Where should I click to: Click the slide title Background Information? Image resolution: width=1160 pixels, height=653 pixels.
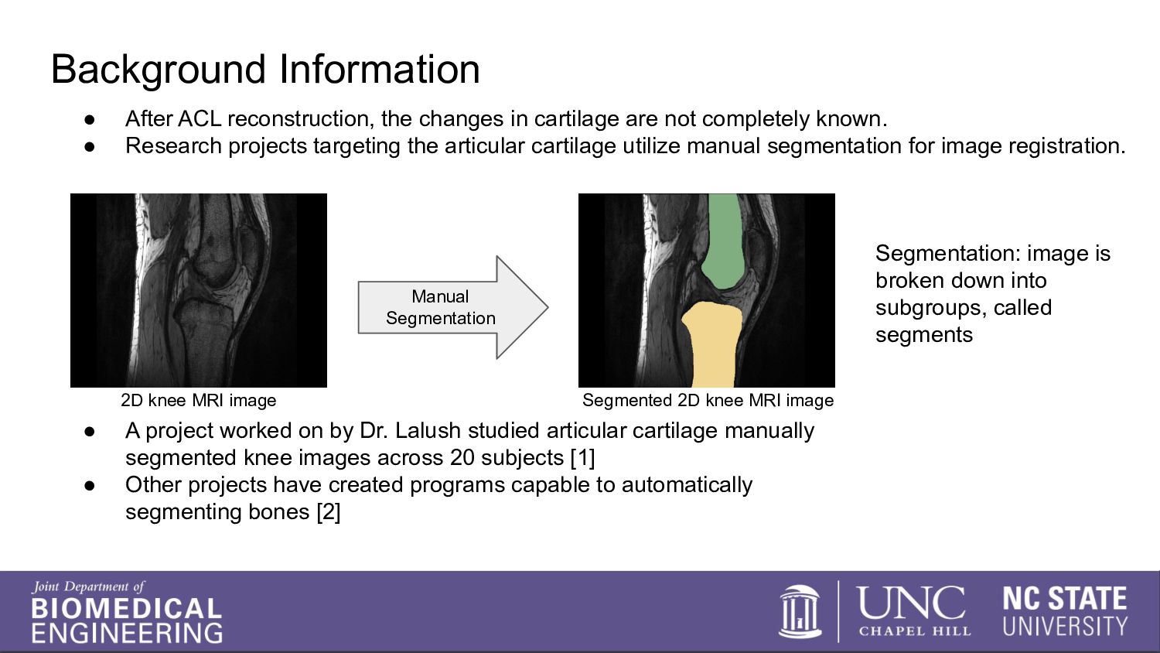(265, 70)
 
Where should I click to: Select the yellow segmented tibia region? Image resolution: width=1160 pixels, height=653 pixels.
(711, 344)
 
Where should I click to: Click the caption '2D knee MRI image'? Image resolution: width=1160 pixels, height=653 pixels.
(198, 401)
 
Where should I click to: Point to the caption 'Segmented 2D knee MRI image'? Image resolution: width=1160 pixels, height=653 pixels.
(708, 401)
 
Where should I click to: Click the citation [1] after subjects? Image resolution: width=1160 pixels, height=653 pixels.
(582, 458)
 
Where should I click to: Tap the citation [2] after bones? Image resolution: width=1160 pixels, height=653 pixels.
(328, 512)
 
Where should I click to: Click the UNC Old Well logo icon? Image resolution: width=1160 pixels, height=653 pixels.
(800, 611)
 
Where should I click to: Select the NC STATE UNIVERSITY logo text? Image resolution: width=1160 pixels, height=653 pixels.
(1065, 611)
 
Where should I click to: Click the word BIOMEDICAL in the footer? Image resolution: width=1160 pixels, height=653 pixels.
(127, 609)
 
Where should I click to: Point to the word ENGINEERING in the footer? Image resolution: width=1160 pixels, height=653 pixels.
(127, 633)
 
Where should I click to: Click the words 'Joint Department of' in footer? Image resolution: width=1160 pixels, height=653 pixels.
(88, 587)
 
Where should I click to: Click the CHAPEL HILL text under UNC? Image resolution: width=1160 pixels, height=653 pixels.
(914, 631)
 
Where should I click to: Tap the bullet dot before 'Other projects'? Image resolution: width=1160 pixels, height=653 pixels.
(90, 486)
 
